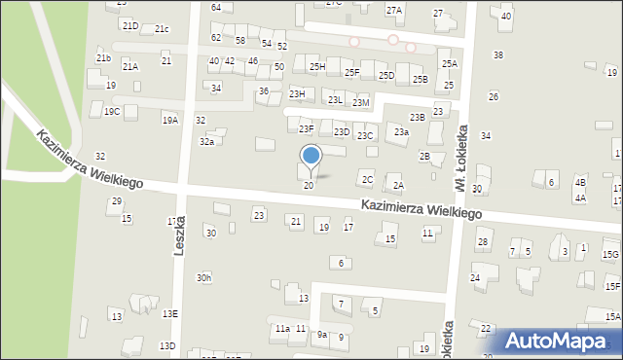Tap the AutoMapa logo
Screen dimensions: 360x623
tap(560, 341)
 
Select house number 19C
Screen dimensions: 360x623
tap(112, 112)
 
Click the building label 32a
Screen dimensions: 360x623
tap(206, 141)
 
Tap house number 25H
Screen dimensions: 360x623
tap(317, 66)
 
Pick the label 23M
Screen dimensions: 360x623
tap(361, 102)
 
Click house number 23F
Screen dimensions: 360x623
tap(307, 128)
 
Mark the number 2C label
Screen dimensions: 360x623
tap(367, 179)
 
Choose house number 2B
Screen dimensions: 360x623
tap(424, 156)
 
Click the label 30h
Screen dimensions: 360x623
tap(203, 277)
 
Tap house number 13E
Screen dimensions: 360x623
tap(170, 313)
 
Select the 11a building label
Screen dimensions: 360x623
tap(282, 329)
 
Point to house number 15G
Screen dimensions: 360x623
tap(611, 254)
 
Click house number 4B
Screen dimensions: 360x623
tap(581, 182)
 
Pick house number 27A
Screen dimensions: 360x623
tap(393, 10)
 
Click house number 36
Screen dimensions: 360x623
tap(264, 90)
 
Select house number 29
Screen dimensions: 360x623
tap(116, 201)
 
